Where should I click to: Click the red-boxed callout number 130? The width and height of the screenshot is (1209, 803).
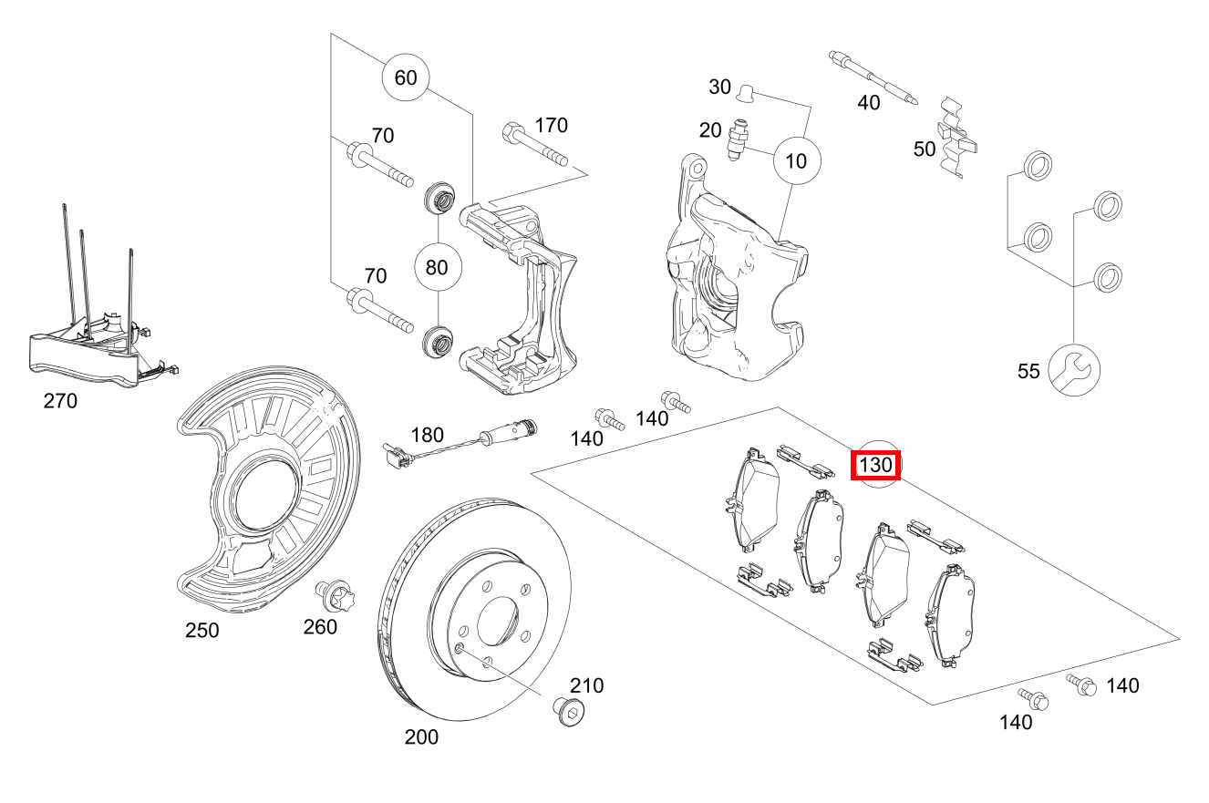tap(875, 465)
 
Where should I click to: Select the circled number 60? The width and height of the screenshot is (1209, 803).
tap(406, 77)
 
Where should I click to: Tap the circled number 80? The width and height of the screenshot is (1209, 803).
tap(437, 267)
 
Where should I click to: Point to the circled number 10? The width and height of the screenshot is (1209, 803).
tap(797, 160)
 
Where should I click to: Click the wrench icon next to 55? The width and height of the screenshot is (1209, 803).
tap(1074, 371)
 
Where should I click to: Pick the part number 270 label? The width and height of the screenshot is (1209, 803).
tap(60, 401)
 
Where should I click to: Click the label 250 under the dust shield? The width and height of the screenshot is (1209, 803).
tap(201, 631)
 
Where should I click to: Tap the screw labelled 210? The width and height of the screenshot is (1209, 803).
tap(569, 711)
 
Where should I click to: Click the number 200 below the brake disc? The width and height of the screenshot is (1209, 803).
tap(421, 737)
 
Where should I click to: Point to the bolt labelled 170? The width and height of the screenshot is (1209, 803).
tap(534, 145)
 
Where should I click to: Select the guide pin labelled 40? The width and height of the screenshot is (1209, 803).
tap(873, 77)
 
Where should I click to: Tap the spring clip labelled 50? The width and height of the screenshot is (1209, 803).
tap(958, 138)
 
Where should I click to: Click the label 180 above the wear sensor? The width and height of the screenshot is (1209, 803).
tap(428, 435)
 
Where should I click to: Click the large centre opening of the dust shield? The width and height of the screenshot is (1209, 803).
tap(266, 494)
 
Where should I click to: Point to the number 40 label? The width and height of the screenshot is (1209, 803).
tap(868, 102)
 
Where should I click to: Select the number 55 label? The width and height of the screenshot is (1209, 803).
tap(1028, 371)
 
